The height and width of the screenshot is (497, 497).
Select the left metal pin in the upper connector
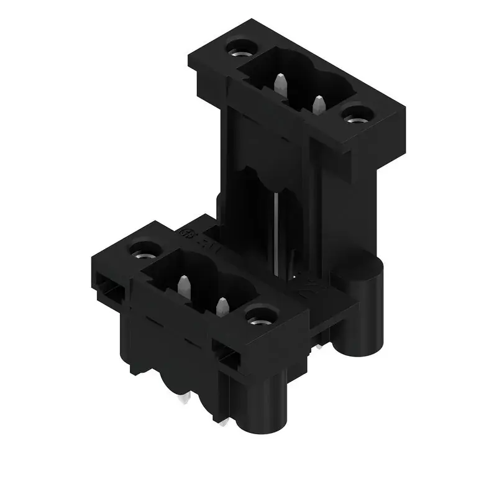(x=280, y=83)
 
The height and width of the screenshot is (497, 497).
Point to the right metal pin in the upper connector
(x=319, y=104)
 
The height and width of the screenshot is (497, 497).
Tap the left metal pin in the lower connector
(x=183, y=286)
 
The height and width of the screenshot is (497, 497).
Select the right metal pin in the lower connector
(x=221, y=307)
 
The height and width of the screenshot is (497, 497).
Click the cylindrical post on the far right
(x=367, y=298)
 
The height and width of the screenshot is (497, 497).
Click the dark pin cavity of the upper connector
(x=298, y=81)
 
